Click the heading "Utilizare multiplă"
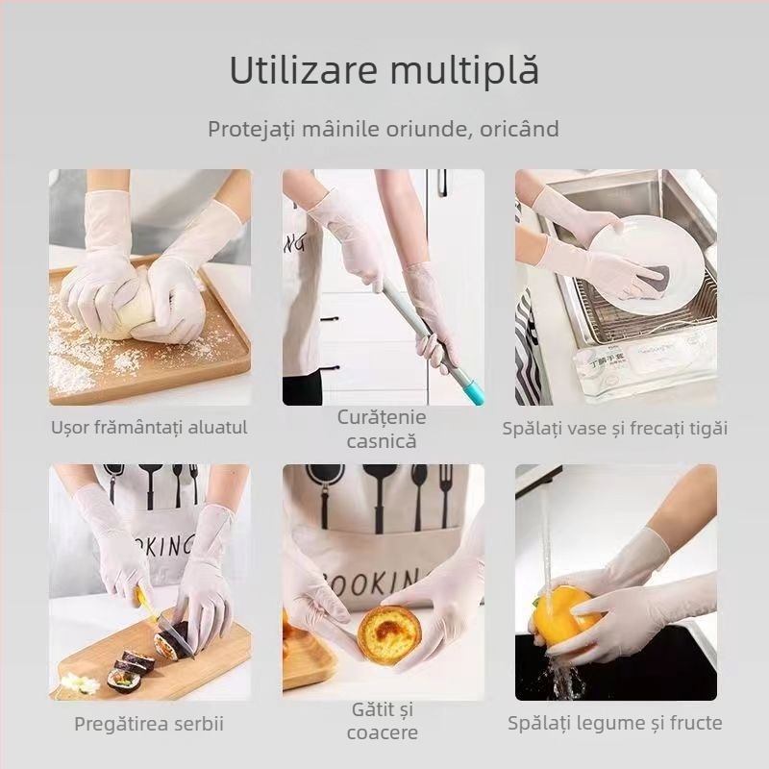[x=384, y=72]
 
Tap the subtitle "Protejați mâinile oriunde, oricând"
[x=384, y=129]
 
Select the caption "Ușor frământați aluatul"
[x=149, y=428]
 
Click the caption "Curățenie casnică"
[x=382, y=430]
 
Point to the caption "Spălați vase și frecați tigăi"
[x=615, y=428]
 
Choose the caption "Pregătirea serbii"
[x=149, y=724]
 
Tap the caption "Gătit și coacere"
[x=382, y=722]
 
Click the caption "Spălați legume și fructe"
[x=615, y=723]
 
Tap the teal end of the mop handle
[x=472, y=392]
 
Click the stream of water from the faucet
[x=546, y=538]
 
